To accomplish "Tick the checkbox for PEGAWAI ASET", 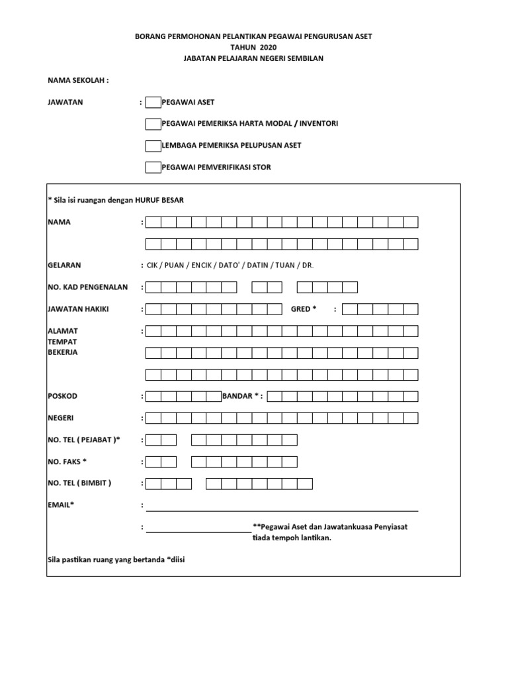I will click(x=153, y=102).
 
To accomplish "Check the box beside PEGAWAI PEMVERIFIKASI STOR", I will click(x=153, y=167).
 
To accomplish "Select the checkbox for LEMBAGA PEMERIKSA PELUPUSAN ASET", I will click(x=153, y=145).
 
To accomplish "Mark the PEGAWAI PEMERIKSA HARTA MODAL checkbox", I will click(x=153, y=124).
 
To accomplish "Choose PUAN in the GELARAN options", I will click(x=175, y=266).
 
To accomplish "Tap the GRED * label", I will click(x=304, y=309).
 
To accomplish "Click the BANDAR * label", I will click(x=242, y=396).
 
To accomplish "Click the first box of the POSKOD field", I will click(x=153, y=397).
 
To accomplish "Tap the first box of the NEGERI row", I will click(x=153, y=418).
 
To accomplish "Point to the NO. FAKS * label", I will click(x=67, y=461).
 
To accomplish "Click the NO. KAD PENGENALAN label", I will click(x=88, y=287).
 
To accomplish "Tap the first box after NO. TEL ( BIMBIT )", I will click(x=153, y=483).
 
